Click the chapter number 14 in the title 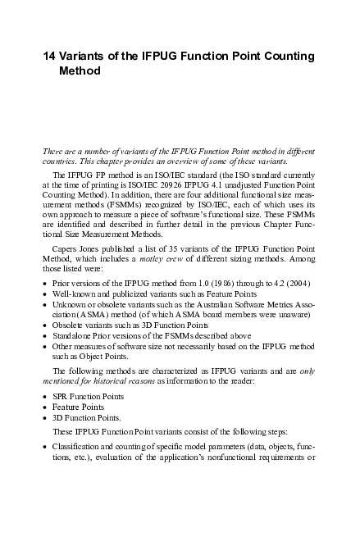click(50, 56)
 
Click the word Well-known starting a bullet click(73, 293)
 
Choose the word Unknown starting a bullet click(70, 305)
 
